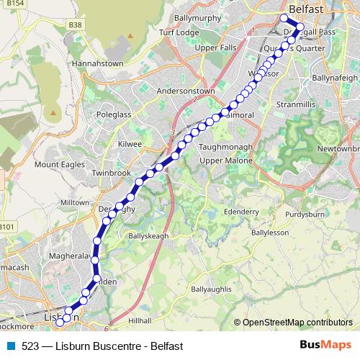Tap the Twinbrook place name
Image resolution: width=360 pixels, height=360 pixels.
pyautogui.click(x=109, y=174)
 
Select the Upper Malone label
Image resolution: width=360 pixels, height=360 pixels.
pyautogui.click(x=223, y=160)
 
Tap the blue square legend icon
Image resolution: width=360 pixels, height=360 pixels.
pyautogui.click(x=9, y=346)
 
